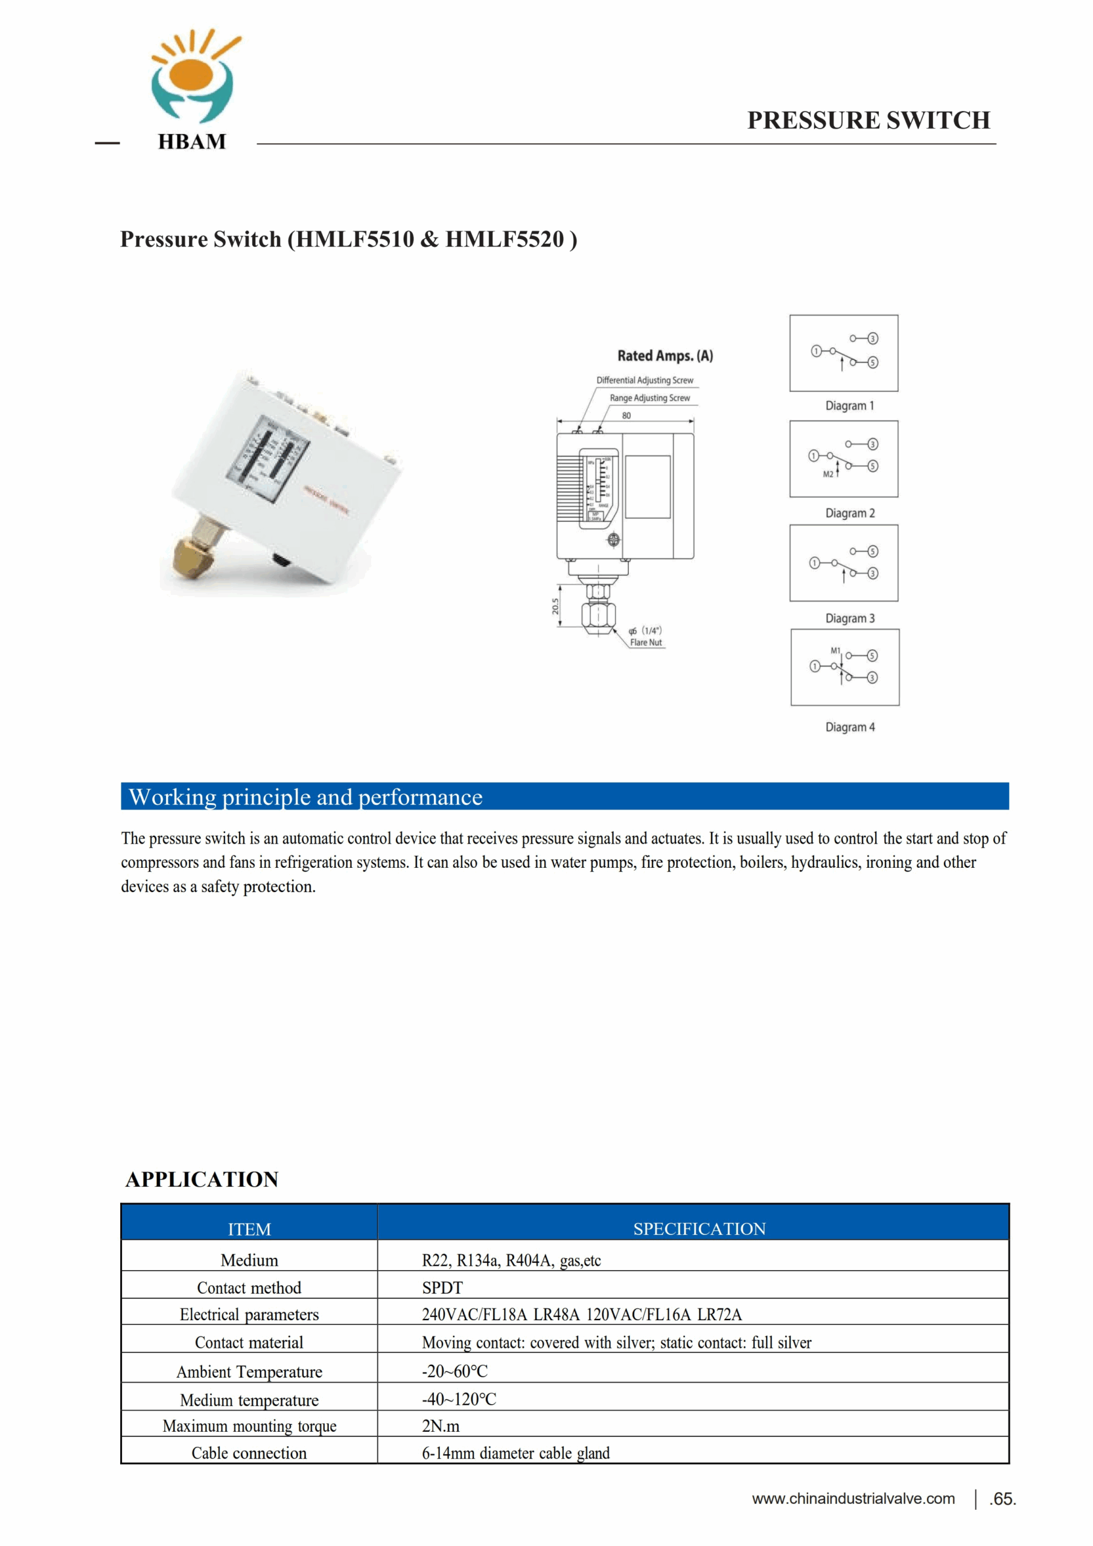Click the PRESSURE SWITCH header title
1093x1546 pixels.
pyautogui.click(x=868, y=121)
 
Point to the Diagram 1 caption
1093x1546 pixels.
pyautogui.click(x=849, y=406)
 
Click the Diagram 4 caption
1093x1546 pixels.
pyautogui.click(x=849, y=727)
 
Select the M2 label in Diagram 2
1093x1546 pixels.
pyautogui.click(x=828, y=474)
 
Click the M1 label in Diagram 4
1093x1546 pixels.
pyautogui.click(x=835, y=650)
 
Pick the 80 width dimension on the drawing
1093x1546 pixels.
pyautogui.click(x=626, y=415)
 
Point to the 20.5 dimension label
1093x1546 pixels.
pyautogui.click(x=555, y=606)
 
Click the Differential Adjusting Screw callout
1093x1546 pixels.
pyautogui.click(x=644, y=380)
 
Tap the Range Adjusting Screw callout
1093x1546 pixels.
pyautogui.click(x=649, y=398)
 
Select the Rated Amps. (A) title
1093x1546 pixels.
pyautogui.click(x=665, y=356)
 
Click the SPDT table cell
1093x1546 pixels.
pyautogui.click(x=442, y=1288)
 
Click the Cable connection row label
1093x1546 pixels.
pyautogui.click(x=249, y=1452)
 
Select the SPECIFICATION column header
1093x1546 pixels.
pyautogui.click(x=699, y=1228)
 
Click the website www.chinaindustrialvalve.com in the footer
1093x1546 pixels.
pyautogui.click(x=853, y=1498)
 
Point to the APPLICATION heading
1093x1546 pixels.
pyautogui.click(x=202, y=1179)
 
